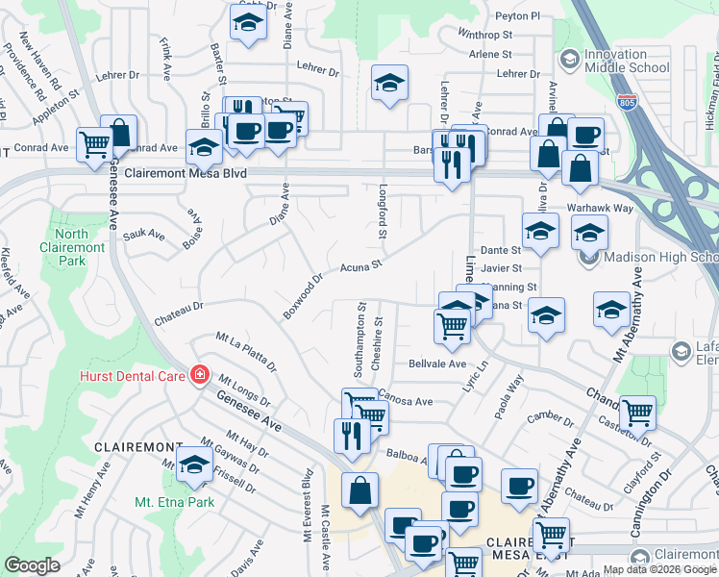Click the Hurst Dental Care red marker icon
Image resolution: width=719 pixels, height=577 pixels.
click(x=200, y=374)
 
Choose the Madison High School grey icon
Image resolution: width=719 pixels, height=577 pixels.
click(x=589, y=257)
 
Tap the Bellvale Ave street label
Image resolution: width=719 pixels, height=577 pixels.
click(x=436, y=364)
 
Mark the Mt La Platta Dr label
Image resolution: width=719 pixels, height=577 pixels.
click(x=246, y=352)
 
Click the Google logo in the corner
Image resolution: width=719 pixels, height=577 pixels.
click(x=32, y=564)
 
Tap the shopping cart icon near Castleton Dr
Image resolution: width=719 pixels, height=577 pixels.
click(x=636, y=413)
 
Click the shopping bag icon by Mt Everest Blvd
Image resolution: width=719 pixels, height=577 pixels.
click(x=359, y=490)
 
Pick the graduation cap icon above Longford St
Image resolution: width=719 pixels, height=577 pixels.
click(x=389, y=84)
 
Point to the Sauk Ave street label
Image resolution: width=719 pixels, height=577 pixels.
click(x=144, y=235)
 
